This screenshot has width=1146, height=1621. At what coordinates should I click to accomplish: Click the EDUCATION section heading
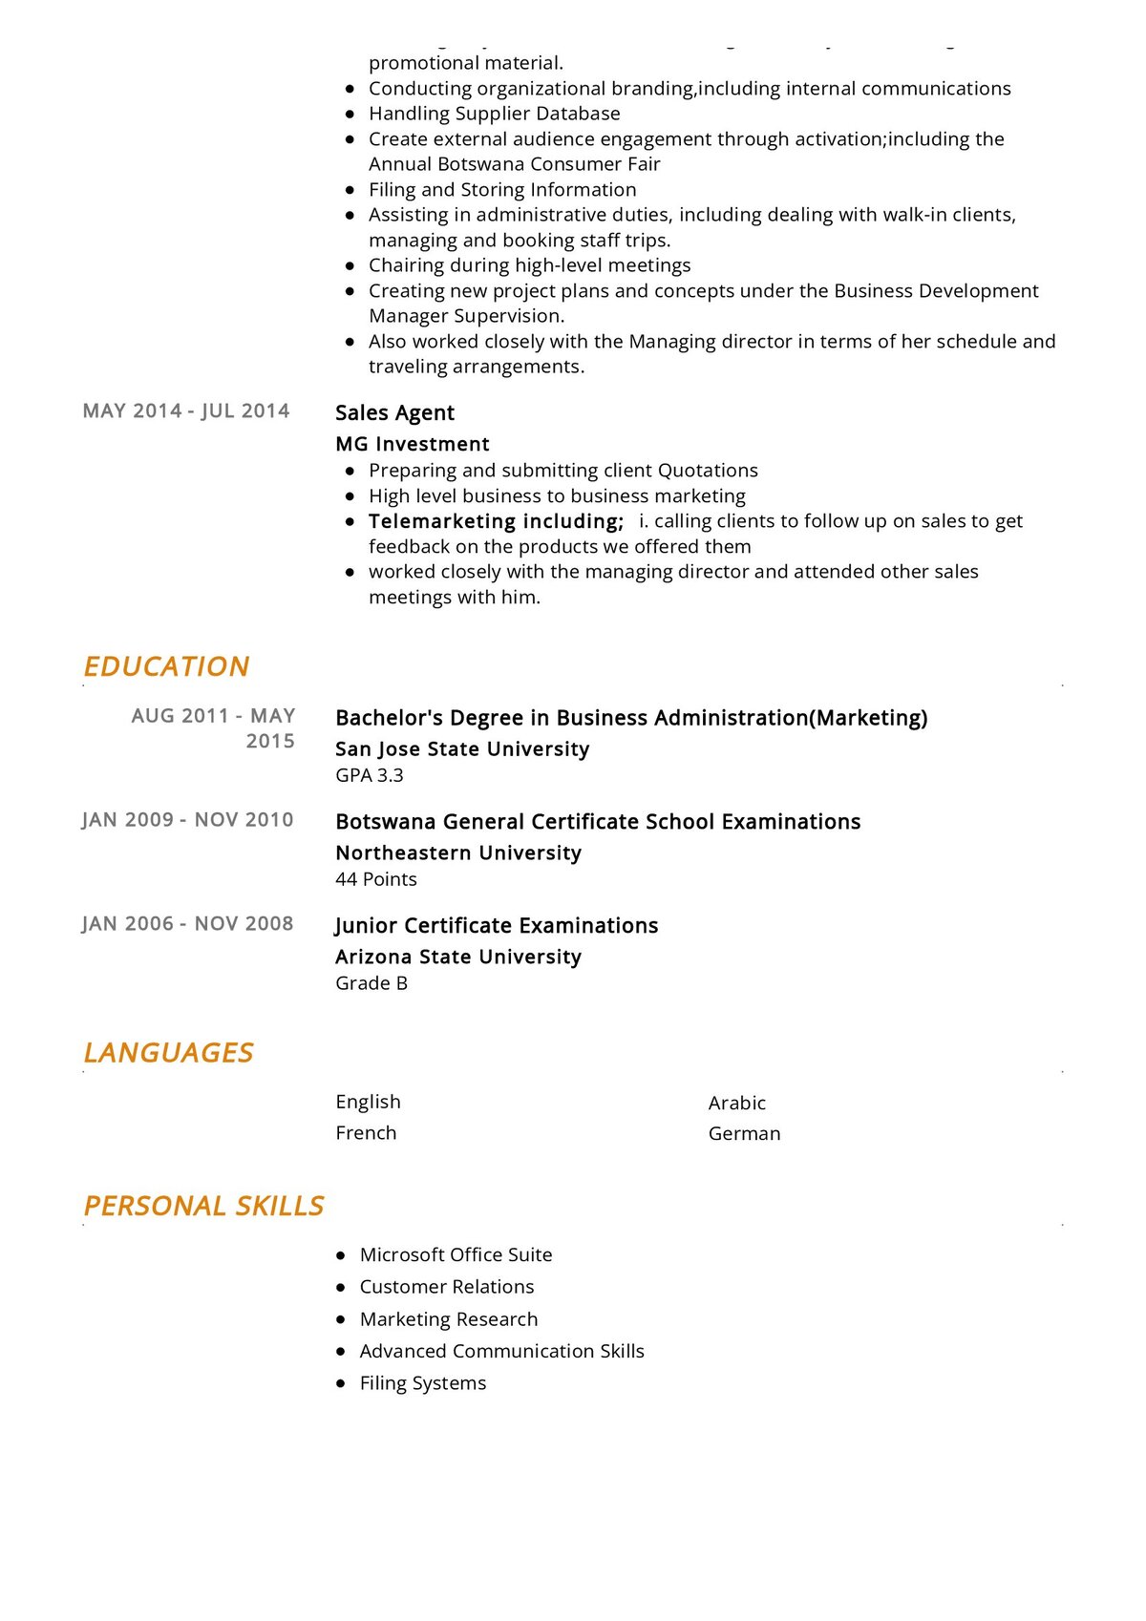pos(166,666)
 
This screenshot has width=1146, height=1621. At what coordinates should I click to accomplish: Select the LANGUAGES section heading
pos(168,1052)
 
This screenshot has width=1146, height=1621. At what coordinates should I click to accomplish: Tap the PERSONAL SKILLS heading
pos(203,1206)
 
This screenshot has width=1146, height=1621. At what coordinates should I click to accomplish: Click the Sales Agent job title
pos(394,412)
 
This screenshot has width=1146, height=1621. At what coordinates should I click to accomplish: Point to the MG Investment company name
pos(413,444)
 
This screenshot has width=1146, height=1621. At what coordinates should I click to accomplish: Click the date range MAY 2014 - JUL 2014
pos(186,411)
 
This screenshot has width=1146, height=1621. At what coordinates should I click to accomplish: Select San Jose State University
pos(462,749)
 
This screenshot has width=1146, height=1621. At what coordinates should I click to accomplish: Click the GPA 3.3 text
pos(370,775)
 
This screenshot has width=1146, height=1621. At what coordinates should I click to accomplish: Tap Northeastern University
pos(458,853)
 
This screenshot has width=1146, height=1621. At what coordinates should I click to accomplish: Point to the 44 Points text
pos(376,879)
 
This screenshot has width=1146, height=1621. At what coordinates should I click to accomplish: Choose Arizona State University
pos(458,958)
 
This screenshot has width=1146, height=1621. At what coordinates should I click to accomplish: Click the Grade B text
pos(371,983)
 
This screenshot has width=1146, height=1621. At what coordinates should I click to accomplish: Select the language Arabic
pos(737,1103)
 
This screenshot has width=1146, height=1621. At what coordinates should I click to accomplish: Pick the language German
pos(745,1133)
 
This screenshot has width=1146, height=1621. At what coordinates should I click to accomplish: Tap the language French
pos(366,1133)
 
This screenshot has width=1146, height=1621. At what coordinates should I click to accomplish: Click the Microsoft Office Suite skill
pos(456,1254)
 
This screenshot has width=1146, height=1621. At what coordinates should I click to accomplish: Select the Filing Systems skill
pos(423,1383)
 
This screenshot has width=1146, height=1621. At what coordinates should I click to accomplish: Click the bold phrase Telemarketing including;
pos(496,521)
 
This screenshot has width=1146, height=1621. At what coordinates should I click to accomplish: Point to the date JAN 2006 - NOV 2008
pos(187,923)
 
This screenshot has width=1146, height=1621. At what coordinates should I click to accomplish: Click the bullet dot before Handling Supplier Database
pos(350,114)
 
